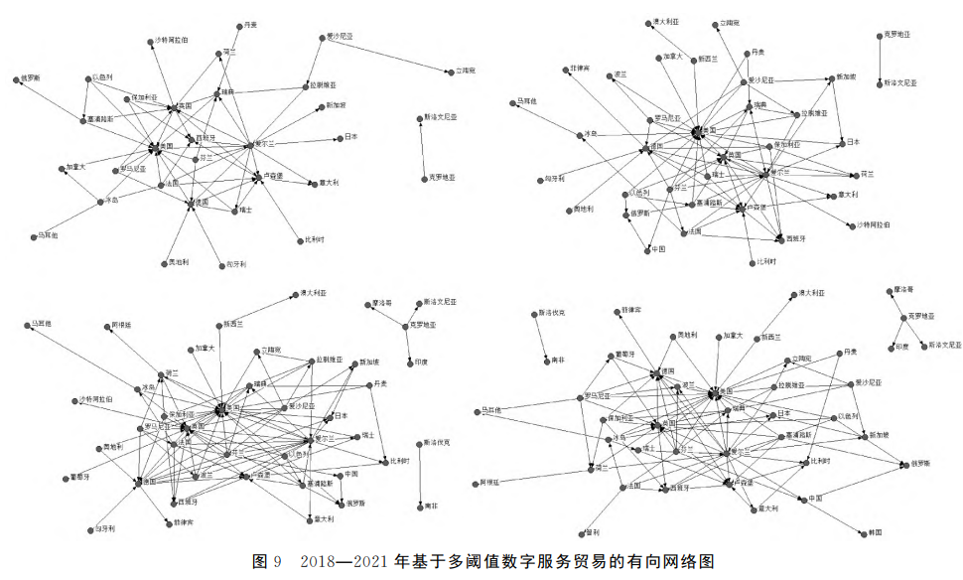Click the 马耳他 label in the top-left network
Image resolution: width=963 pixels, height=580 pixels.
(49, 235)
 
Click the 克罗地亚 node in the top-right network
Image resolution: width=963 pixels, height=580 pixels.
(881, 36)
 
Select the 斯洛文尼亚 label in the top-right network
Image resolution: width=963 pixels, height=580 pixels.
(900, 83)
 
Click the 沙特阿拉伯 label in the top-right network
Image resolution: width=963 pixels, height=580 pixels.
(873, 225)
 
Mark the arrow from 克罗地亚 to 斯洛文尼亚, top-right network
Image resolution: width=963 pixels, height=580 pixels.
(881, 60)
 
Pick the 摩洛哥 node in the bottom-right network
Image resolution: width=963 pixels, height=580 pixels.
(890, 292)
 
